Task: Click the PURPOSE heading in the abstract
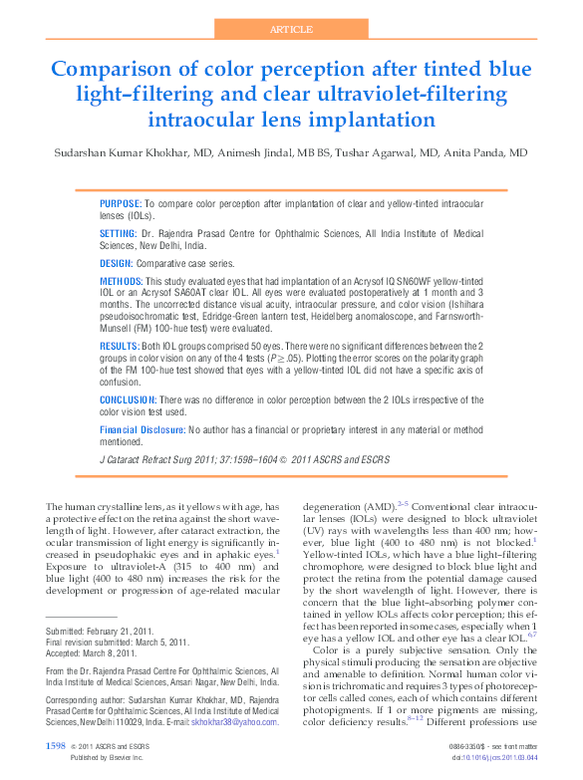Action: point(122,202)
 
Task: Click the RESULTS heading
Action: point(120,344)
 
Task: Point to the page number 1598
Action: point(56,745)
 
